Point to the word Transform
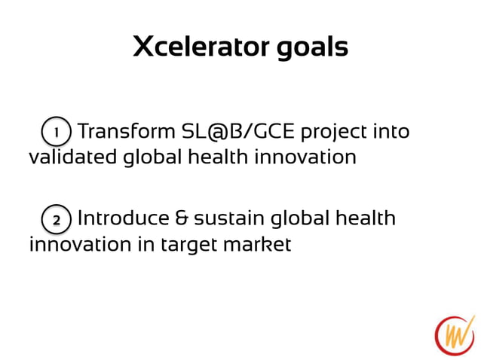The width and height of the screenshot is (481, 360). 126,132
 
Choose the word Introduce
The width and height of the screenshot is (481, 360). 124,219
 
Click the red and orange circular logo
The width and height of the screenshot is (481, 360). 455,334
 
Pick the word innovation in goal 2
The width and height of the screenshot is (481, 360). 70,245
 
